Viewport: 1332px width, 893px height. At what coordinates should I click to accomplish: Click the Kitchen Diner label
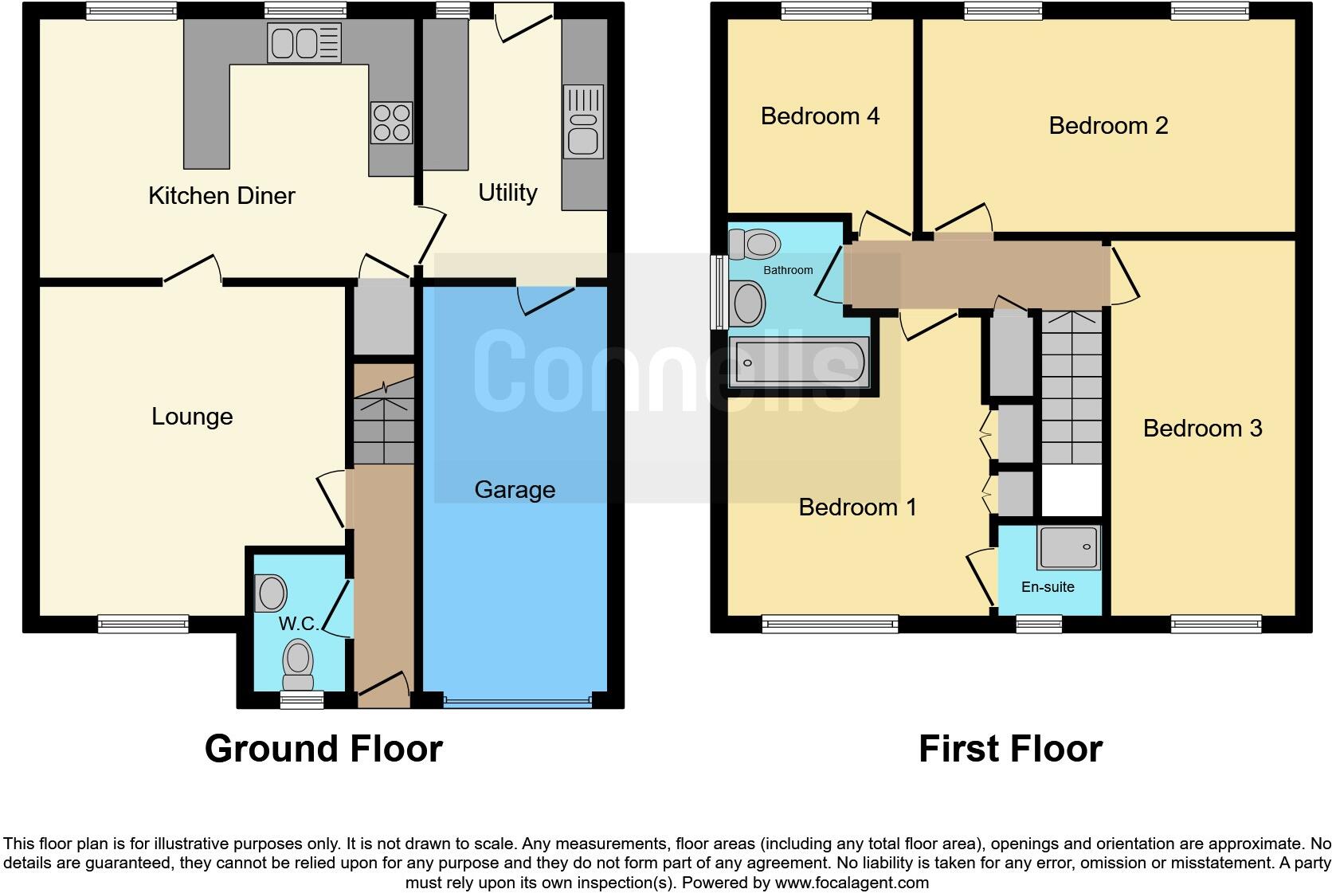tap(221, 196)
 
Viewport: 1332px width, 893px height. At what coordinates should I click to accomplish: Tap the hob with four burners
tap(391, 123)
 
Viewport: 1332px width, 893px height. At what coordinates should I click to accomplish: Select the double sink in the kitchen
tap(305, 42)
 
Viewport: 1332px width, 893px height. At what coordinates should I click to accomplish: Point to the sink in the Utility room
tap(584, 123)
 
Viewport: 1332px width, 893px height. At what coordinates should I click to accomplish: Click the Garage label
tap(515, 490)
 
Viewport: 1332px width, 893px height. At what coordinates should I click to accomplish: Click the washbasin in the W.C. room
tap(271, 593)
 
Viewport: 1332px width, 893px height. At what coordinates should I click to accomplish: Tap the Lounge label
tap(192, 417)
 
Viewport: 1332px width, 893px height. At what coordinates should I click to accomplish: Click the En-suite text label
tap(1048, 587)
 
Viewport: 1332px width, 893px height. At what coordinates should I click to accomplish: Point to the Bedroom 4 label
tap(820, 116)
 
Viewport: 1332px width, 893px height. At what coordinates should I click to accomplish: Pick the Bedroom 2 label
tap(1108, 126)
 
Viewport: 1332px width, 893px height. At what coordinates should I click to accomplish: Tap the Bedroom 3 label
tap(1202, 429)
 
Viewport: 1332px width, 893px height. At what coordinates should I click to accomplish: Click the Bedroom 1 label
tap(857, 507)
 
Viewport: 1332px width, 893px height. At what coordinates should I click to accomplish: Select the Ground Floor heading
tap(323, 749)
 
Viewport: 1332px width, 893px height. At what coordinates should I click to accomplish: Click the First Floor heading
tap(1010, 749)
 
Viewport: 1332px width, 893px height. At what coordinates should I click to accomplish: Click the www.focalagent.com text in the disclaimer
tap(852, 883)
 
